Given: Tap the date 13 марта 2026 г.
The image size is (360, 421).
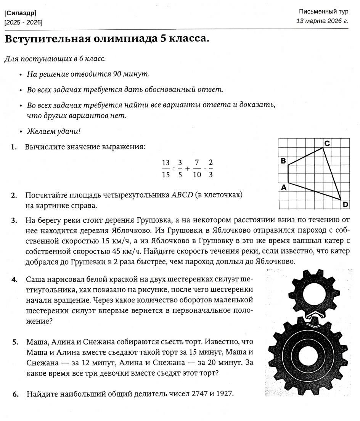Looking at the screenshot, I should (322, 21).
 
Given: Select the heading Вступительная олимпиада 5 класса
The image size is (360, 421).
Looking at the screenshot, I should (107, 39).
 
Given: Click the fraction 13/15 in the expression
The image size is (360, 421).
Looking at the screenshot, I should (166, 169).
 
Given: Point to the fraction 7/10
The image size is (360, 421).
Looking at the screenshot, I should (197, 169).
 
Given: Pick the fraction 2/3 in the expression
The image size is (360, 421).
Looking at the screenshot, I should (211, 169).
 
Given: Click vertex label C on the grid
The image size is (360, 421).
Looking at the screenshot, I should (327, 143).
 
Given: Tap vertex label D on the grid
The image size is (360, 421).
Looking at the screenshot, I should (346, 204).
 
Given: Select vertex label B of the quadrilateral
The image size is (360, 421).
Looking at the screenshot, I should (283, 161).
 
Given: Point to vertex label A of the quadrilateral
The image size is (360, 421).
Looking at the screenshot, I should (284, 187).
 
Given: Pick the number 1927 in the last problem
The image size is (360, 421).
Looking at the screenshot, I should (224, 394).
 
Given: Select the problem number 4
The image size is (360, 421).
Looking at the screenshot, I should (14, 280).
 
